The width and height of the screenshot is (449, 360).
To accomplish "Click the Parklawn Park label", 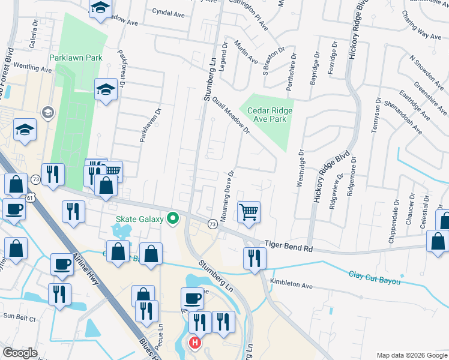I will (76, 58).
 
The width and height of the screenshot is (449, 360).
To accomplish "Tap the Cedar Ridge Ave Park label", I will (266, 115).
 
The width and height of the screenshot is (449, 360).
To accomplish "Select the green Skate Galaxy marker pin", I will (173, 218).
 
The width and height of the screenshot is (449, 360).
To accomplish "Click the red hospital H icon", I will (194, 343).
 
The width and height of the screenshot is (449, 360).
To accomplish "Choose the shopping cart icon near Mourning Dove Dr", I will (249, 212).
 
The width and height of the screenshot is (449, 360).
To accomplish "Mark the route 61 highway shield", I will (31, 197).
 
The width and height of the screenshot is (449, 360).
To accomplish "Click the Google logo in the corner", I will (20, 353).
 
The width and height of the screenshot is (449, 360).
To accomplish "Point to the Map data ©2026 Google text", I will (411, 355).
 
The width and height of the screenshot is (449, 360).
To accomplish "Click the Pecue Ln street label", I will (160, 340).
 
